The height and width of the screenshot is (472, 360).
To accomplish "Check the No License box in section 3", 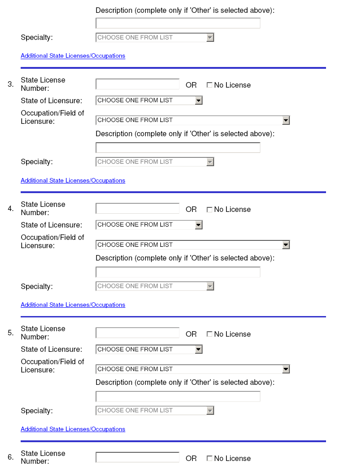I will click(x=209, y=85).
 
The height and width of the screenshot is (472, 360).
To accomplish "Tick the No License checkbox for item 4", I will click(x=209, y=210).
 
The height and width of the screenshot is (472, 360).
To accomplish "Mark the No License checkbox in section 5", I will click(x=209, y=334).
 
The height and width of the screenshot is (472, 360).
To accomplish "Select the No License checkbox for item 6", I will click(x=209, y=458).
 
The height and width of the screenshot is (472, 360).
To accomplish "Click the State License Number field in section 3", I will click(x=137, y=84).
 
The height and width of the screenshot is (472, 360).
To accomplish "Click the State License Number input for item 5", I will click(x=137, y=333).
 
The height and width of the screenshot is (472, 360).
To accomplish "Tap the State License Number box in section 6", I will click(x=137, y=457).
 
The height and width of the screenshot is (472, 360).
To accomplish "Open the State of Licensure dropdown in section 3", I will click(x=149, y=100).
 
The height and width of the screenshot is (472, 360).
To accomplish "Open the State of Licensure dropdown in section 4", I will click(x=149, y=225).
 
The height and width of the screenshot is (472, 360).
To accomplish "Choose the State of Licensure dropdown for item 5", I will click(x=149, y=350).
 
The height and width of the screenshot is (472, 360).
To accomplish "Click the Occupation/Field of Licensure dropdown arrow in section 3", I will click(x=286, y=120).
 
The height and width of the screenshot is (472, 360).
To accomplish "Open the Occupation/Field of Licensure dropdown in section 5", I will click(x=192, y=369).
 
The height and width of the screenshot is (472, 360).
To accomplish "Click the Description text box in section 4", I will click(x=178, y=272).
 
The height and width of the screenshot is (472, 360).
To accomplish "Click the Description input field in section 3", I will click(x=178, y=148).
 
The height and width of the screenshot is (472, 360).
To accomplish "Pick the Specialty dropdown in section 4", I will click(x=155, y=286).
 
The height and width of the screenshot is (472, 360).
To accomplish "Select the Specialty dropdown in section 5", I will click(x=155, y=411).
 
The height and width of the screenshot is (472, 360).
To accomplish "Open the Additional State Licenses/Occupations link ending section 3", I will click(x=73, y=181).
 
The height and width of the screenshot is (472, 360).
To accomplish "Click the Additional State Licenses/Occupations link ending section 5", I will click(x=73, y=429).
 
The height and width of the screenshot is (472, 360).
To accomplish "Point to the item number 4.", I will click(x=11, y=209).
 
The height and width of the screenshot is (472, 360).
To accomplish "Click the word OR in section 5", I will click(x=191, y=334).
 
